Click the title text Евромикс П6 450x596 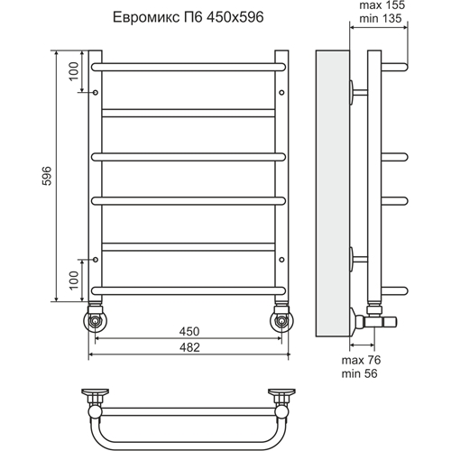coord(189,17)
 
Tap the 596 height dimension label coord(47,176)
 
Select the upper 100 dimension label coord(73,71)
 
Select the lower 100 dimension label coord(73,281)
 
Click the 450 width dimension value coord(189,331)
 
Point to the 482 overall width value coord(189,347)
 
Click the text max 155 coord(382,5)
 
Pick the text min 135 coord(381,18)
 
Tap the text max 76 coord(361,360)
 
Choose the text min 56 coord(359,373)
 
